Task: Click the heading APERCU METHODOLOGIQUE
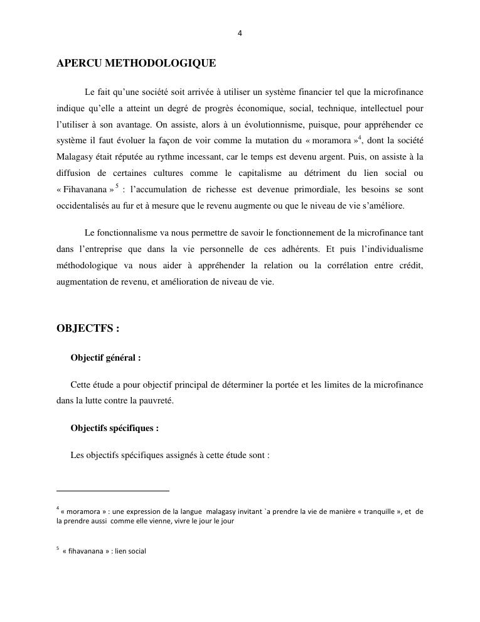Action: [x=136, y=63]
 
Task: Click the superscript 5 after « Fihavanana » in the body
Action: [x=116, y=186]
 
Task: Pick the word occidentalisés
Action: [x=82, y=205]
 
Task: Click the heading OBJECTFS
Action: [x=87, y=329]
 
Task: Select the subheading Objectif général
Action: [x=105, y=358]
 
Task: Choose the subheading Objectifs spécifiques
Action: [x=114, y=428]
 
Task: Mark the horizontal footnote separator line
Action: [x=113, y=490]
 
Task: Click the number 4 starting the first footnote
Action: [x=58, y=509]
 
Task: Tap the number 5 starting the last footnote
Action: [x=58, y=549]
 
